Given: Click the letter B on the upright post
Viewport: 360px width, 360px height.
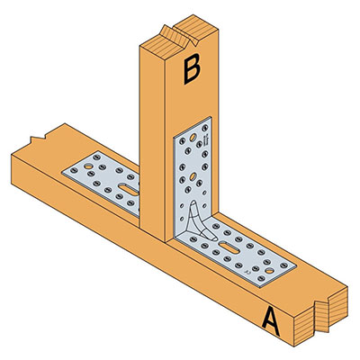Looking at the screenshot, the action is point(192,68).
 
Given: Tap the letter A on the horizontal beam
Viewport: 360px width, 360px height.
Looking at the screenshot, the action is point(271,322).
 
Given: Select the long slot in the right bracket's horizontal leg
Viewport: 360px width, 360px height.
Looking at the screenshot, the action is point(229,247).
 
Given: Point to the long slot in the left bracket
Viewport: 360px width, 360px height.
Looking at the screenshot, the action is point(128,190).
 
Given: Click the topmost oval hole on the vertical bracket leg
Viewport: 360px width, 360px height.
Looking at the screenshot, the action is point(193,138).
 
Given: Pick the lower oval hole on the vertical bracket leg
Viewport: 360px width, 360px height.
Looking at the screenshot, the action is point(193,176).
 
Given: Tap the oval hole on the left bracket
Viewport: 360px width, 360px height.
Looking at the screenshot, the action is point(88,166).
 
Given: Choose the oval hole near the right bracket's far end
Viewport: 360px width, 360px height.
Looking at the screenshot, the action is point(270,271).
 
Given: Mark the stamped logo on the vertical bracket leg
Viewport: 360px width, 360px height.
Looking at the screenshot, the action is point(206,141).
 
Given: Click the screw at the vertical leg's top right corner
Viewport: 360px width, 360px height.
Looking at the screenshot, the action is point(205,128).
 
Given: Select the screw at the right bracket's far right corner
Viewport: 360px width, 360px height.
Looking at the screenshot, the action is point(283,265).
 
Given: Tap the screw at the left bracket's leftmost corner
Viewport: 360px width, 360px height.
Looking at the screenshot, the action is point(74,170).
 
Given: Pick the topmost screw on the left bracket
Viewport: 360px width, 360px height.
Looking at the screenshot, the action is point(97,157).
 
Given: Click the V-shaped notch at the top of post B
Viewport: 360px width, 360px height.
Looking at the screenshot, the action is point(179,37).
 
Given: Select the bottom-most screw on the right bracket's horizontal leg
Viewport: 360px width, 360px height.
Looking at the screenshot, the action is point(261,278).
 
